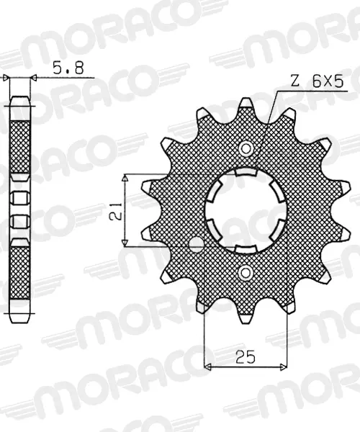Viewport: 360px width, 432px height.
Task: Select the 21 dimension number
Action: [x=116, y=210]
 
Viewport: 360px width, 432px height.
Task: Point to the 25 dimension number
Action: [x=245, y=357]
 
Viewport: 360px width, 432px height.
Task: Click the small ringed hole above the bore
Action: [x=245, y=149]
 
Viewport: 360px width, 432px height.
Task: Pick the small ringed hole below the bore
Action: [x=245, y=273]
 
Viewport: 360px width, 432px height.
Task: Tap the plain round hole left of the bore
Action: [x=197, y=244]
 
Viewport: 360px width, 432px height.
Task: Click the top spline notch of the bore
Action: [x=246, y=172]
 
